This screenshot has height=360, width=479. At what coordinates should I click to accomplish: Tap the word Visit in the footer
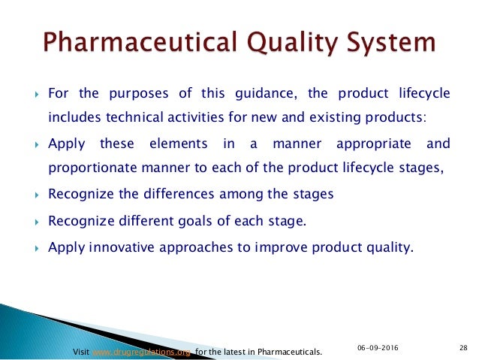(81, 351)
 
